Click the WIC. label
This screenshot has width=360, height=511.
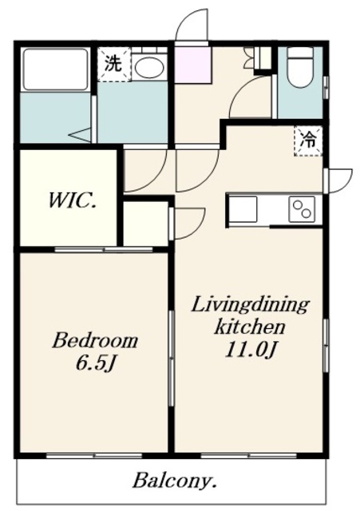tap(72, 200)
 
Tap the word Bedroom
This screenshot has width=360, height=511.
tap(95, 341)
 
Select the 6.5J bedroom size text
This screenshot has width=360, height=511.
tap(96, 362)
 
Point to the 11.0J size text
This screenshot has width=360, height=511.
tap(251, 350)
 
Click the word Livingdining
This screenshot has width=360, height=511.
tap(250, 305)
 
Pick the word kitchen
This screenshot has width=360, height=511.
tap(250, 327)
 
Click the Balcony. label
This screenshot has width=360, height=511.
tap(175, 481)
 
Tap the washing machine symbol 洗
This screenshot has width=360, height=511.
tap(113, 64)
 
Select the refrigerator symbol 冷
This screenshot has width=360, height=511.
tap(308, 141)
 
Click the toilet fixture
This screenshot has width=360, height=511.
tap(300, 67)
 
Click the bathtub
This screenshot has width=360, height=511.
tap(55, 69)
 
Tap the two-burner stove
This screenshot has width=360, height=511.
tap(302, 209)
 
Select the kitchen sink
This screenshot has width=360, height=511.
tap(243, 209)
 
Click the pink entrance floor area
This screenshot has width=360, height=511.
tap(193, 65)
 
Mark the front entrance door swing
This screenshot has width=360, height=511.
tap(192, 25)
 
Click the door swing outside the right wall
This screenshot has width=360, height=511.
tap(340, 180)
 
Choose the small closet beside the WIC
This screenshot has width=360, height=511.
tap(146, 224)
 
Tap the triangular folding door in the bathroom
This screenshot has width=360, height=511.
tap(80, 135)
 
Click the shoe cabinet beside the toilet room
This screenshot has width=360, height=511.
tap(263, 58)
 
